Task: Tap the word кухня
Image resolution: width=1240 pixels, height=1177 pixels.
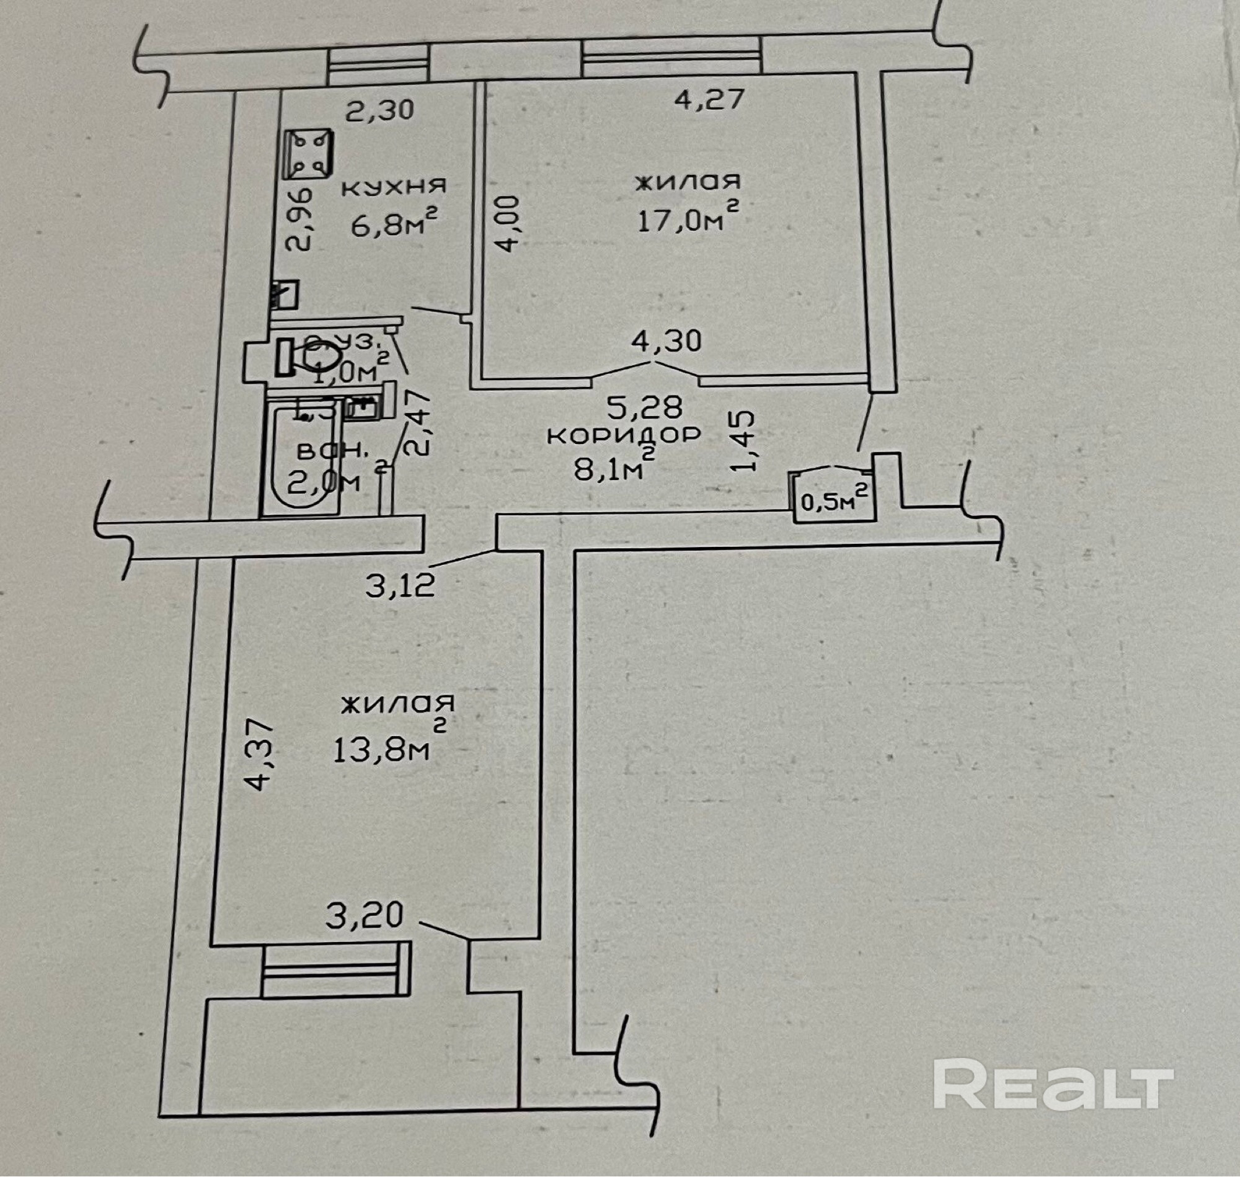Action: pyautogui.click(x=394, y=186)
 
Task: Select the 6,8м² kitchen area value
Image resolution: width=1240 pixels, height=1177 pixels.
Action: pyautogui.click(x=393, y=223)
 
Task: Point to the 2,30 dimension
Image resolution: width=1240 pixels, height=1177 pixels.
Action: pyautogui.click(x=380, y=110)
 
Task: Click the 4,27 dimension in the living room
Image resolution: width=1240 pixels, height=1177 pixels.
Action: pyautogui.click(x=709, y=99)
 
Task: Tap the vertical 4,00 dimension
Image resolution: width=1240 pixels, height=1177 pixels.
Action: pyautogui.click(x=508, y=224)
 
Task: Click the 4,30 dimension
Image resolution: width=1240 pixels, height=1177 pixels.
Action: pyautogui.click(x=666, y=341)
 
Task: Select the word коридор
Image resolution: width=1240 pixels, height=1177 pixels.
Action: pyautogui.click(x=624, y=435)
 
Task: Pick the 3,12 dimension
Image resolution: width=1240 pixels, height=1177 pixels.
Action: pyautogui.click(x=400, y=586)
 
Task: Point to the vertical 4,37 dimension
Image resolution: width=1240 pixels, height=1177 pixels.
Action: pyautogui.click(x=260, y=755)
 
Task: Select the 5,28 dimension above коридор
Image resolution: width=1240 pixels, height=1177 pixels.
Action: pyautogui.click(x=644, y=408)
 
